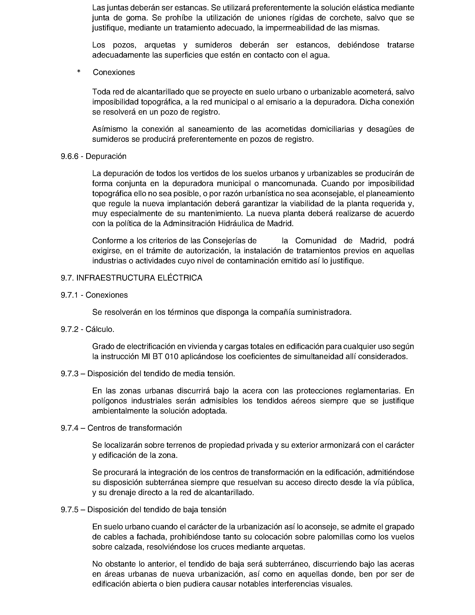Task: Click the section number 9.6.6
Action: click(69, 156)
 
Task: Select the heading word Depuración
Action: click(106, 156)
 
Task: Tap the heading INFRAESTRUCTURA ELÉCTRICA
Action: click(139, 278)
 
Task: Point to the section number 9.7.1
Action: click(69, 295)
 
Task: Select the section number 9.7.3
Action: click(69, 374)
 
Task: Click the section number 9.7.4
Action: click(69, 428)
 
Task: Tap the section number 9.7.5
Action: click(69, 510)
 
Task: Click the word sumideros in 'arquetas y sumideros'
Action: click(214, 45)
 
